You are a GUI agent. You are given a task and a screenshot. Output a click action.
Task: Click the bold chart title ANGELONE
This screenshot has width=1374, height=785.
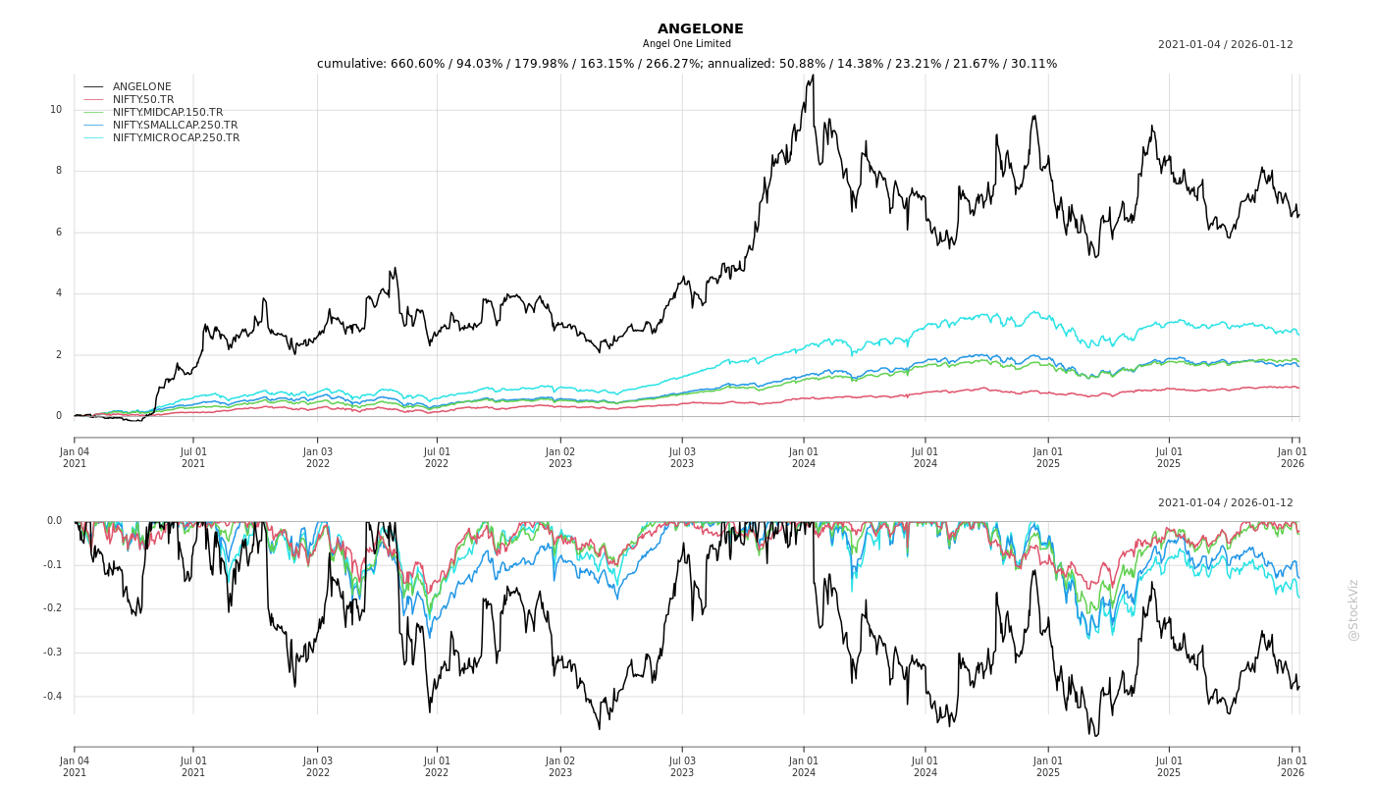(x=700, y=29)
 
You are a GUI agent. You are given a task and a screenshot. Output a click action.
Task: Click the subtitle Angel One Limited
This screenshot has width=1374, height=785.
(x=687, y=44)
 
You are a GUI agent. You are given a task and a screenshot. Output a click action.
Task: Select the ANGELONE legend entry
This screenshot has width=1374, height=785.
(x=141, y=87)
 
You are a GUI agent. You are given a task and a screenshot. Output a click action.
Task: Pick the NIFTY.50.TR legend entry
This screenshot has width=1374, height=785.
(x=143, y=100)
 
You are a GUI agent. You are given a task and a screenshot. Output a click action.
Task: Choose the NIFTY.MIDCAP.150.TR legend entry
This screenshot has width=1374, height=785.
(x=167, y=113)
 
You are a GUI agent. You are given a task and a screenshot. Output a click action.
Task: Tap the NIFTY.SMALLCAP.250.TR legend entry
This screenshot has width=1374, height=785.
(x=175, y=126)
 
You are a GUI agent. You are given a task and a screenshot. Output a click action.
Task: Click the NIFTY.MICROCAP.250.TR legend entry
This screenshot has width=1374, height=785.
(x=176, y=138)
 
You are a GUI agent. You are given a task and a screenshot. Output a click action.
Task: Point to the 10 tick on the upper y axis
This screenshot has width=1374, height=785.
(x=56, y=110)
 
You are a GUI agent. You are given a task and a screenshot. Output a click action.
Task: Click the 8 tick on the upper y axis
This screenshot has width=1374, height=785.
(x=58, y=171)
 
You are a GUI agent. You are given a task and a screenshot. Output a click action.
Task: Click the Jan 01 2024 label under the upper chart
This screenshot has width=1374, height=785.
(x=804, y=457)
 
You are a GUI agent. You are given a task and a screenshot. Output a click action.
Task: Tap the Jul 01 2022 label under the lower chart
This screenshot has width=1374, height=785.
(x=437, y=766)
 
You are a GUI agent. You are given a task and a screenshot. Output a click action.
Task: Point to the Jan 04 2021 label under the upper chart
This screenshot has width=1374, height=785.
(x=75, y=457)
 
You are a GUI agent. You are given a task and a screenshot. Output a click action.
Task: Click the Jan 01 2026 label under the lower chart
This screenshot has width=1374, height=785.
(x=1292, y=766)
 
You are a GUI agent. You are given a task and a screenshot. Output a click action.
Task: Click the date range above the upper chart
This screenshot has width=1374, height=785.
(x=1225, y=44)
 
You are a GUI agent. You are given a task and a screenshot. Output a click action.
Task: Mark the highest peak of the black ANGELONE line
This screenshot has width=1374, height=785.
(x=812, y=76)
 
